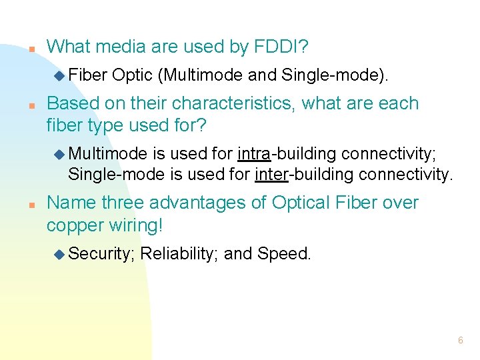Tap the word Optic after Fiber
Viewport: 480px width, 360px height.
pyautogui.click(x=133, y=75)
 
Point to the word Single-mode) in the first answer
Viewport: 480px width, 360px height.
pyautogui.click(x=335, y=75)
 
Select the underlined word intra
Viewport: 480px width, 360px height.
pyautogui.click(x=254, y=154)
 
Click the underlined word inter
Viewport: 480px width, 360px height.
pyautogui.click(x=271, y=175)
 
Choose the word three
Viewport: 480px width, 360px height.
pyautogui.click(x=125, y=203)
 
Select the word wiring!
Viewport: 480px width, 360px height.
pyautogui.click(x=137, y=225)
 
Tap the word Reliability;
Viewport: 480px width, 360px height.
pyautogui.click(x=179, y=253)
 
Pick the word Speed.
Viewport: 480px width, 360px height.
pyautogui.click(x=284, y=253)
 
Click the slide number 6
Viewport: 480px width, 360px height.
pyautogui.click(x=460, y=341)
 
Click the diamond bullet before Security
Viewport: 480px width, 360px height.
pyautogui.click(x=59, y=253)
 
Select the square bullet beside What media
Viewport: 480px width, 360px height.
pyautogui.click(x=31, y=49)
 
